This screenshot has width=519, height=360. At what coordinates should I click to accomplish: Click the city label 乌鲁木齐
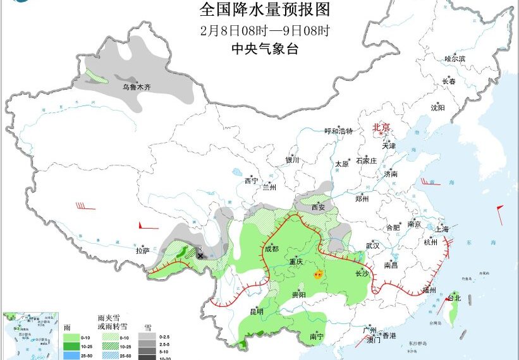137,87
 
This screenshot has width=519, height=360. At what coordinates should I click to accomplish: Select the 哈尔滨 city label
455,59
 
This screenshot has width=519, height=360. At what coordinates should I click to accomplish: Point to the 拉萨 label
142,251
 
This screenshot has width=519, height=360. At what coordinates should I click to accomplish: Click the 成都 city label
271,249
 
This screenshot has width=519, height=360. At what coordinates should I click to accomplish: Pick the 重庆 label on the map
296,261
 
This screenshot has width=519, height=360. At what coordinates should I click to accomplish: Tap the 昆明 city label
257,311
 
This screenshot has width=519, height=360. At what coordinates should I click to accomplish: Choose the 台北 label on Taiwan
454,297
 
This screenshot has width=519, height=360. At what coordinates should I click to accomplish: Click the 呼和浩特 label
338,131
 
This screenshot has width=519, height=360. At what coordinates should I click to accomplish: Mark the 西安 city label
319,207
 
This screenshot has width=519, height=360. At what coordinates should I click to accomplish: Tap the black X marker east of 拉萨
200,255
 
